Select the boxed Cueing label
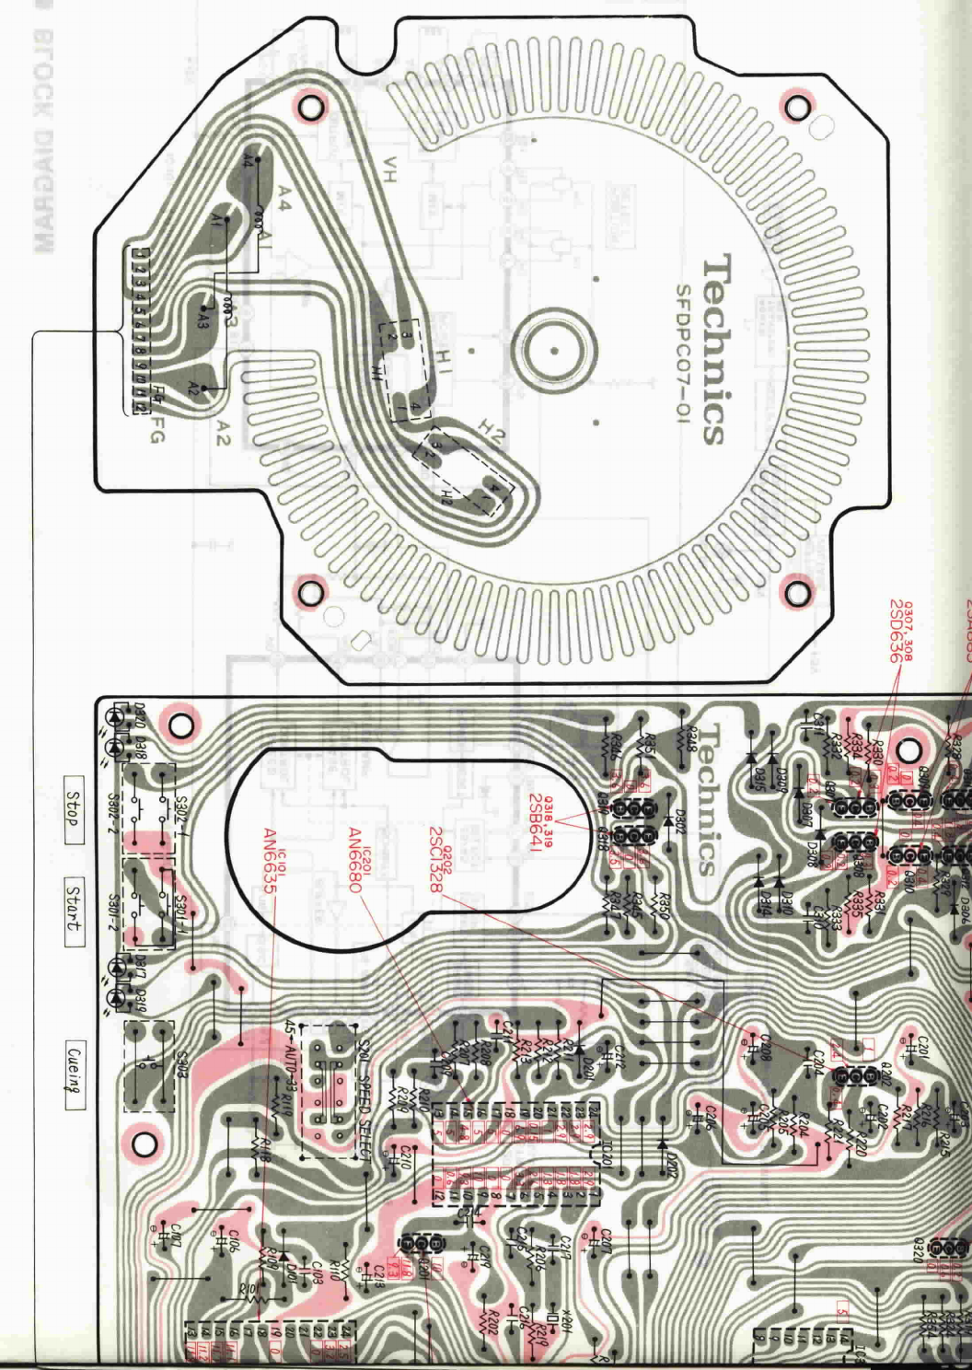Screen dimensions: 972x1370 point(74,1070)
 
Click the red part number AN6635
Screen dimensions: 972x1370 point(271,860)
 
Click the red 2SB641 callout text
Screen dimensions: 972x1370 point(537,822)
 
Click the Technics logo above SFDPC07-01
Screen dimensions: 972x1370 point(723,350)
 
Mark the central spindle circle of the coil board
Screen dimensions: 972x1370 point(554,350)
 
